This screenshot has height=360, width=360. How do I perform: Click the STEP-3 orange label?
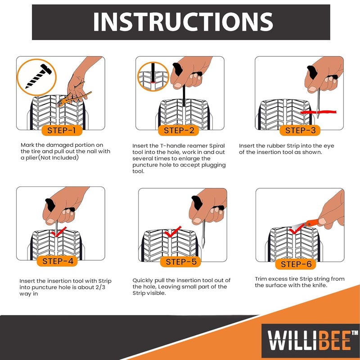coord(301,130)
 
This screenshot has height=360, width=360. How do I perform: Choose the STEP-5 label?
coord(181,262)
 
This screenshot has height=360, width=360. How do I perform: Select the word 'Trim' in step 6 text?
coord(262,279)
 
